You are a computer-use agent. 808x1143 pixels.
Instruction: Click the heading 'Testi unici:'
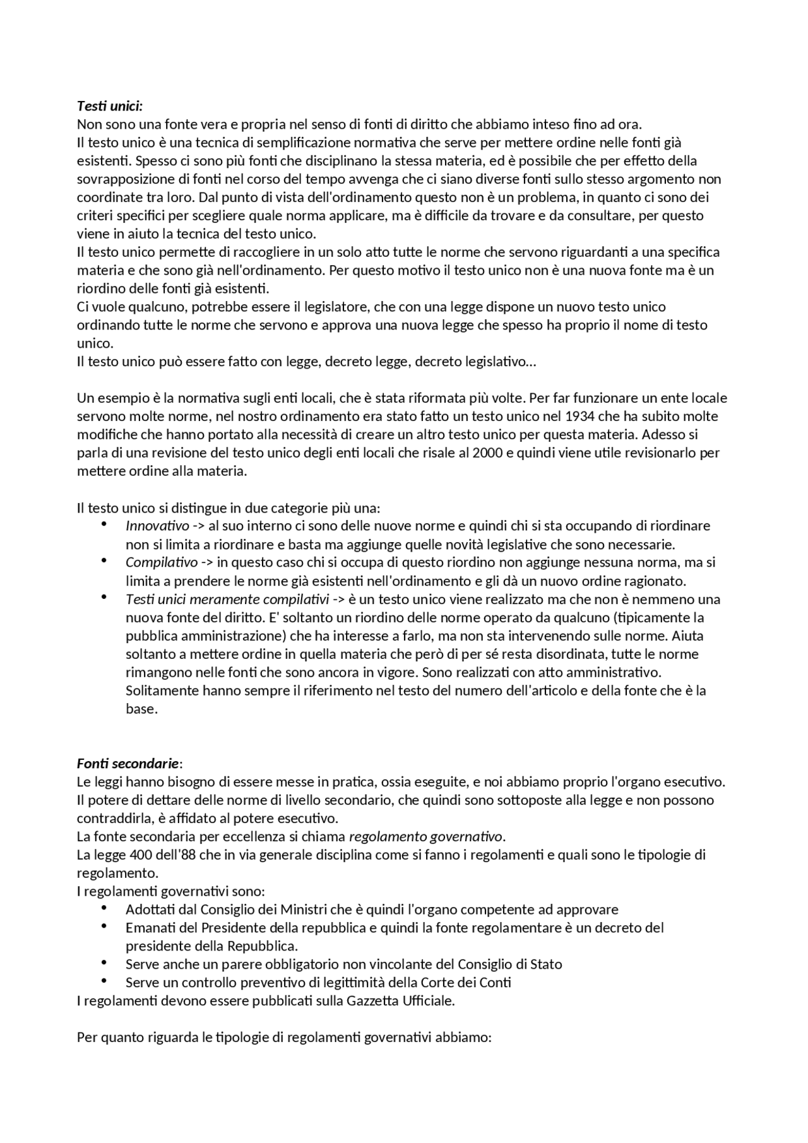coord(110,105)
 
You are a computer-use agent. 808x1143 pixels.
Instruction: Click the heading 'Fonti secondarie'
coord(128,764)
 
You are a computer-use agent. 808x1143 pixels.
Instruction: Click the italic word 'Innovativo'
coord(157,526)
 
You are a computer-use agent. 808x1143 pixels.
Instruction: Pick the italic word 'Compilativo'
coord(162,562)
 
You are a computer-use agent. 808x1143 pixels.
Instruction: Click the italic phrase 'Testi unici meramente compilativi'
coord(227,599)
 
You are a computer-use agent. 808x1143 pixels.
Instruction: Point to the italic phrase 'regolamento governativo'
coord(427,837)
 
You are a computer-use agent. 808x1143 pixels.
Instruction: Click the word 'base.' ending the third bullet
coord(141,709)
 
